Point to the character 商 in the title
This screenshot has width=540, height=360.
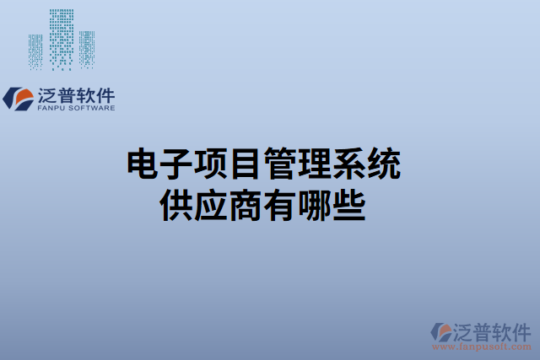(x=246, y=204)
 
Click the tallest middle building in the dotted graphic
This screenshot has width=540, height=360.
(x=62, y=38)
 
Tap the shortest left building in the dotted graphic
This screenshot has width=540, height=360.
(x=35, y=51)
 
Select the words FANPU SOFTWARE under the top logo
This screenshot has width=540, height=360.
(x=76, y=108)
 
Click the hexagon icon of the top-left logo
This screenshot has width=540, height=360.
(x=18, y=98)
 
